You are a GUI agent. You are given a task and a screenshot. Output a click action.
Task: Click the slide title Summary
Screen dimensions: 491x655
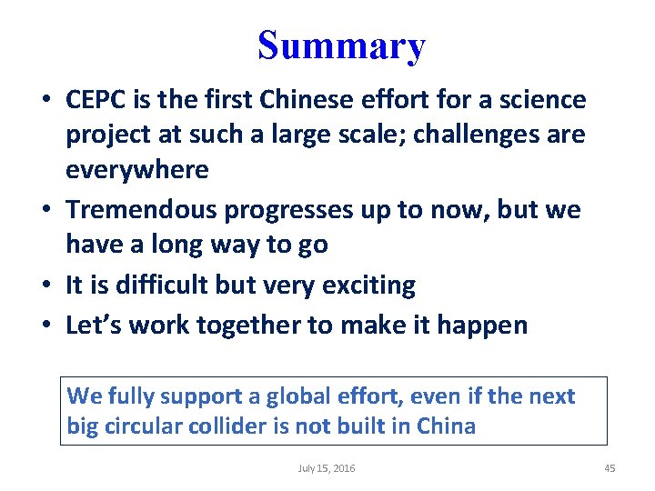point(340,45)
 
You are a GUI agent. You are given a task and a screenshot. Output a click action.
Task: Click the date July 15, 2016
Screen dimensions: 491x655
point(327,468)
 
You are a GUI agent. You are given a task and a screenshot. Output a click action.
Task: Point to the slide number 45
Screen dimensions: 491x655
point(610,468)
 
